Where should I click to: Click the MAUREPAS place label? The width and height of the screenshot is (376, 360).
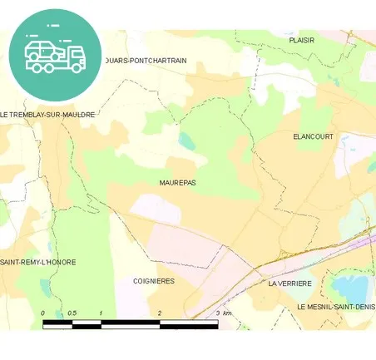pyautogui.click(x=177, y=181)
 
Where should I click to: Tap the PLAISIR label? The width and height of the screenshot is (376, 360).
pyautogui.click(x=301, y=39)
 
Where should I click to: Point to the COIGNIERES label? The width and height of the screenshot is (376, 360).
pyautogui.click(x=154, y=281)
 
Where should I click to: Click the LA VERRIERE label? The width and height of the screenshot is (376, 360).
pyautogui.click(x=289, y=284)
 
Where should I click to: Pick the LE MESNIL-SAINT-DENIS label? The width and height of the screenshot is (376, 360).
pyautogui.click(x=336, y=307)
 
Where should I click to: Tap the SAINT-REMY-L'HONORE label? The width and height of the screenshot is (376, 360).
pyautogui.click(x=38, y=262)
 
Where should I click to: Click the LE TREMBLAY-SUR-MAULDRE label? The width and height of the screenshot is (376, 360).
pyautogui.click(x=47, y=114)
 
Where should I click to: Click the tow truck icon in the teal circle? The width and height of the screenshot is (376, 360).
pyautogui.click(x=55, y=54)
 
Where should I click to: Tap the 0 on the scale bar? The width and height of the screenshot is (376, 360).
pyautogui.click(x=42, y=313)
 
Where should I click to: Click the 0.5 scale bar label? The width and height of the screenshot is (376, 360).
pyautogui.click(x=72, y=313)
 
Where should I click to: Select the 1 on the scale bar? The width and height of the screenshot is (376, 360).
pyautogui.click(x=101, y=313)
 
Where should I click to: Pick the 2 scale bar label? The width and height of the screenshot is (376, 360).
pyautogui.click(x=160, y=313)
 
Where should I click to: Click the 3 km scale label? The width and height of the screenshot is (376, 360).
pyautogui.click(x=223, y=313)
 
